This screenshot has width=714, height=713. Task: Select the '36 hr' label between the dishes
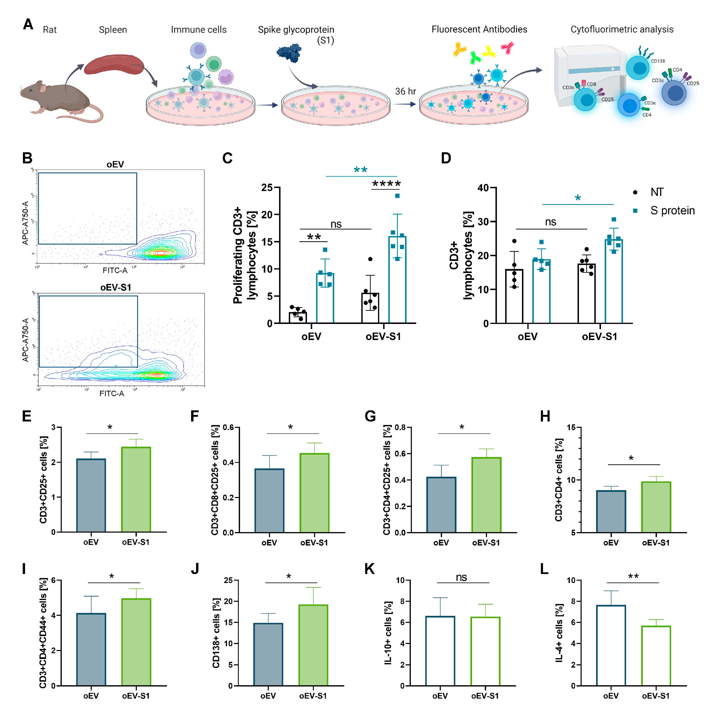pyautogui.click(x=405, y=91)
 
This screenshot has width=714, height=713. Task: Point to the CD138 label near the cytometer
pyautogui.click(x=657, y=61)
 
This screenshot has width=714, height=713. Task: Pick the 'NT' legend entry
pyautogui.click(x=657, y=192)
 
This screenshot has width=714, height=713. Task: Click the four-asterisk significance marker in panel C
pyautogui.click(x=386, y=184)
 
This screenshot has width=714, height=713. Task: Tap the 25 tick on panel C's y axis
pyautogui.click(x=267, y=188)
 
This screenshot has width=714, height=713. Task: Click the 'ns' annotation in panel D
pyautogui.click(x=550, y=222)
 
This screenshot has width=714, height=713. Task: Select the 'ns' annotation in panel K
pyautogui.click(x=461, y=578)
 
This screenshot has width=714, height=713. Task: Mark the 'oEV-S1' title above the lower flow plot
pyautogui.click(x=116, y=287)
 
